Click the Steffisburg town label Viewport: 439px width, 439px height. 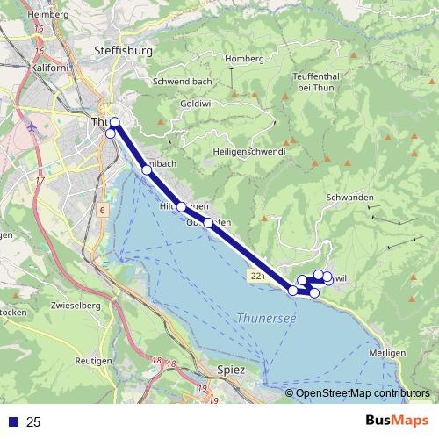[123, 51]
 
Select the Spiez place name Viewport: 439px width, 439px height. [243, 371]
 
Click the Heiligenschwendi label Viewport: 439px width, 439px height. [248, 151]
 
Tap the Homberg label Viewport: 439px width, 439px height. [244, 59]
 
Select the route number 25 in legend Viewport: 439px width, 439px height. [33, 422]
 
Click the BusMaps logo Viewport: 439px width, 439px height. [397, 421]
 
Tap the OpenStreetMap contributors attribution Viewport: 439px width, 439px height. [362, 393]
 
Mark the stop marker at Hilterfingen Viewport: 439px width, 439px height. [182, 206]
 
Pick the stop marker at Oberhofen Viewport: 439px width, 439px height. [208, 223]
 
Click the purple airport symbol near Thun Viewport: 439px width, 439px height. [33, 123]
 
